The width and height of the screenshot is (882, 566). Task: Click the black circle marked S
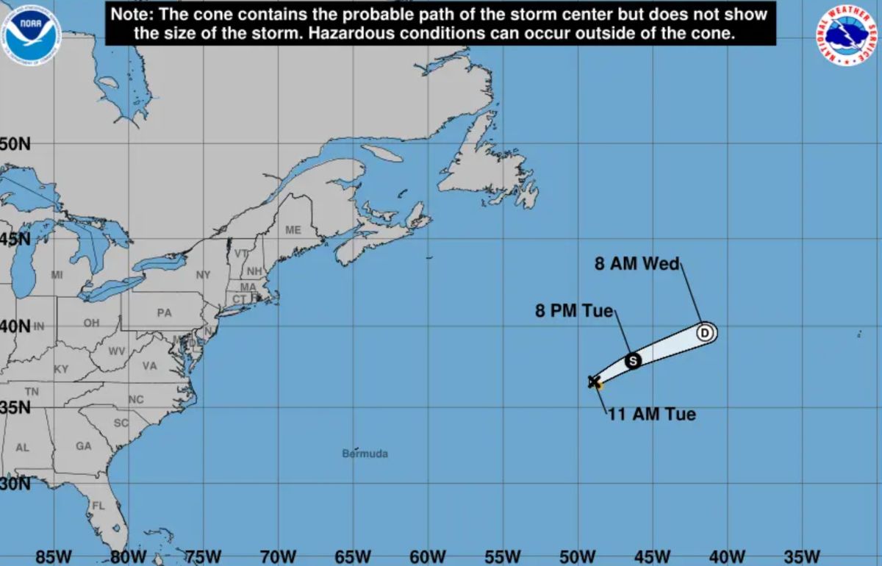point(633,360)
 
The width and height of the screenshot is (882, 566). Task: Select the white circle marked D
point(705,333)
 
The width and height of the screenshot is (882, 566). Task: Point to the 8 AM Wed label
point(637,264)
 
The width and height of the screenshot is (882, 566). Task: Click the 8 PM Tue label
point(573,311)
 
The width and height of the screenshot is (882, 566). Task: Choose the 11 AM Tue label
point(652,415)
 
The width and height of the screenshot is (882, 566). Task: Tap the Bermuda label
point(365,454)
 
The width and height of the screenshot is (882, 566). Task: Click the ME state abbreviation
point(293,230)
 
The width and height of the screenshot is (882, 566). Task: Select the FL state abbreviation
point(98,506)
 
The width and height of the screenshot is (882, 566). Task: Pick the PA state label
point(164,312)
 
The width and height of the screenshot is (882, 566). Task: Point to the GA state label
point(83,446)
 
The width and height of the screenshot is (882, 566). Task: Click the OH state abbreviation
point(91,323)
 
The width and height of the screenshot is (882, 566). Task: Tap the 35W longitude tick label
point(802,556)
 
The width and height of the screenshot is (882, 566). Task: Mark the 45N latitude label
point(15,239)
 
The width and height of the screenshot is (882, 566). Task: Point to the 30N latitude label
point(15,484)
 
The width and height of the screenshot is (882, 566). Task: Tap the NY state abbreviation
point(204,275)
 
